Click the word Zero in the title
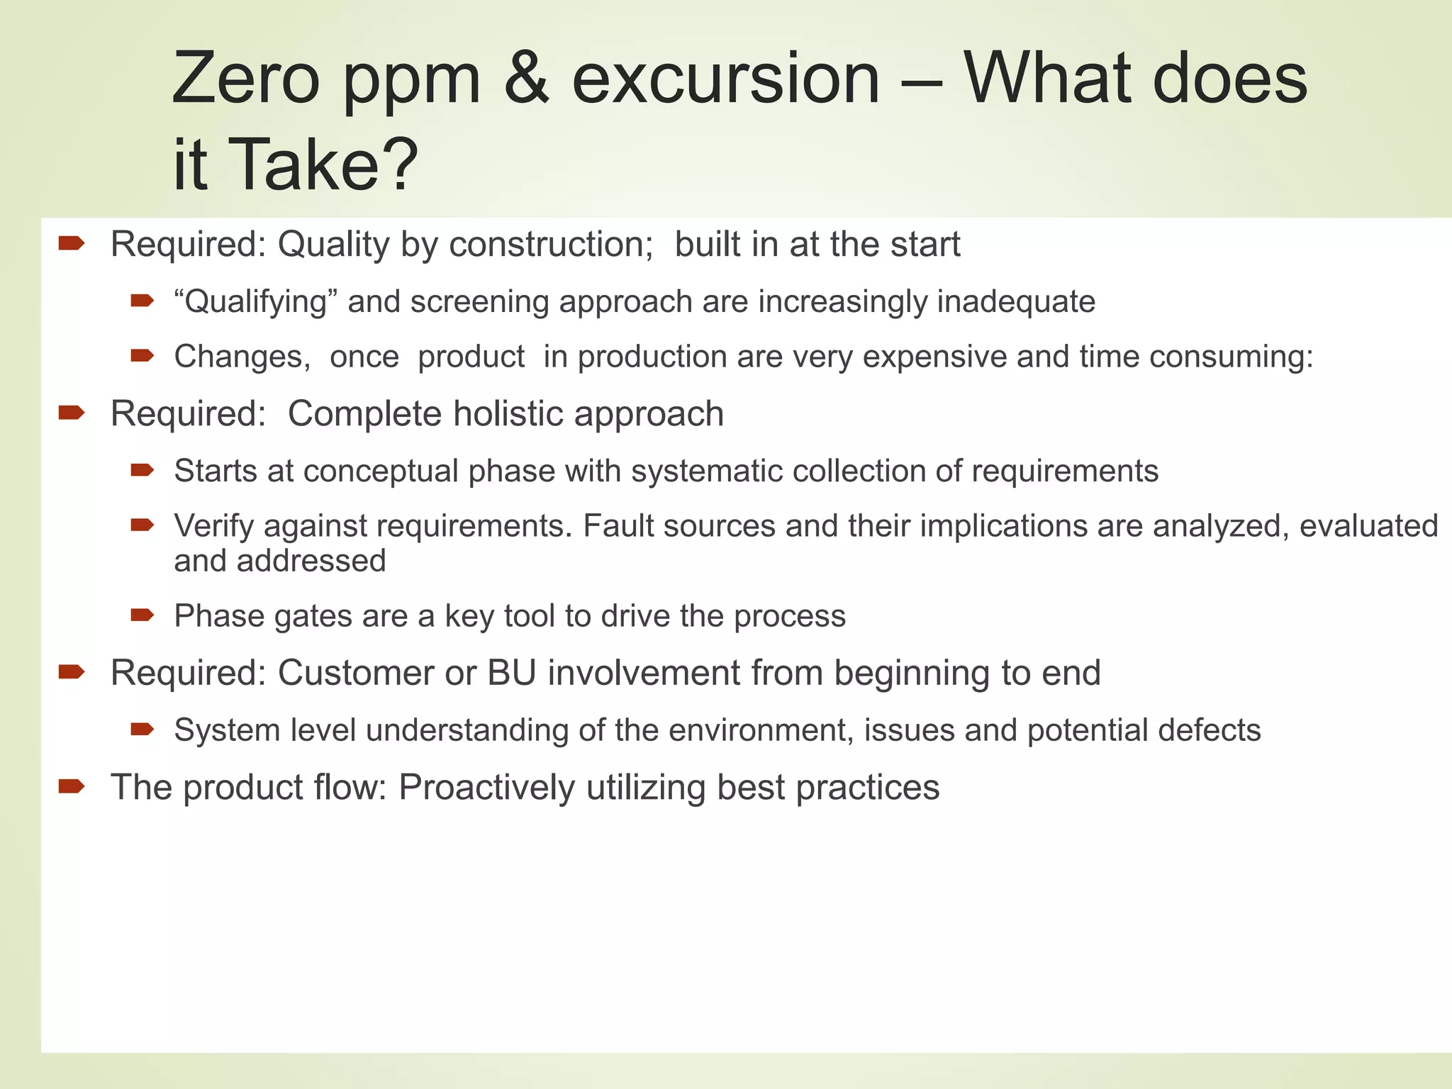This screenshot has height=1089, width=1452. [x=245, y=79]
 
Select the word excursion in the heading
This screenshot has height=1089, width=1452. [x=725, y=79]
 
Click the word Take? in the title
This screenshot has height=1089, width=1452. [x=323, y=165]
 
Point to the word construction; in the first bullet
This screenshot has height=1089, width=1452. [x=551, y=245]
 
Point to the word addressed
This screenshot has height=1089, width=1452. [x=311, y=562]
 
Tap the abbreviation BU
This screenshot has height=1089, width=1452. [x=511, y=673]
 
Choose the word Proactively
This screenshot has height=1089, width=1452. [x=486, y=788]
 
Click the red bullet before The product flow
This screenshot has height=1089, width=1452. [x=72, y=786]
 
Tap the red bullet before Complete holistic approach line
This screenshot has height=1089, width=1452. [x=72, y=412]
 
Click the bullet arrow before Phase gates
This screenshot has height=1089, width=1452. [x=142, y=615]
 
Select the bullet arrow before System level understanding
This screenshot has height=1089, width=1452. [x=142, y=729]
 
